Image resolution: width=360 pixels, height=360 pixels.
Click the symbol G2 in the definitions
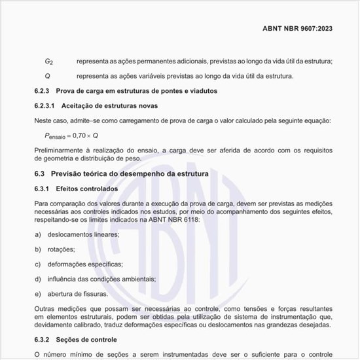click(x=49, y=62)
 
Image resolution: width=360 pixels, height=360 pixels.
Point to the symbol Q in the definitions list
click(x=48, y=76)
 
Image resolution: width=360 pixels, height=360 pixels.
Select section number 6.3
click(x=39, y=174)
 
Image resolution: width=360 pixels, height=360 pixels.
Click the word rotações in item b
click(x=61, y=249)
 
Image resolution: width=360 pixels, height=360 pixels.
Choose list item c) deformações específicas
click(x=84, y=264)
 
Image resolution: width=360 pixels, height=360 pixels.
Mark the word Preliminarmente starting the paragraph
click(x=58, y=150)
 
